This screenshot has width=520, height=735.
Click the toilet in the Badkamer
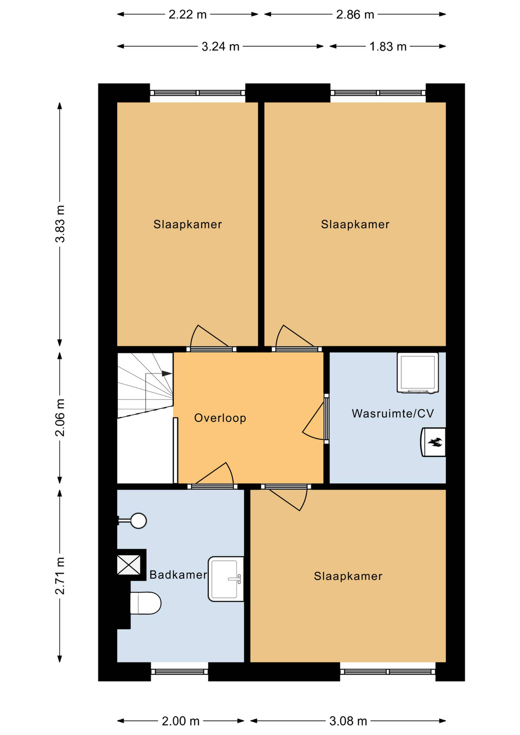[145, 603]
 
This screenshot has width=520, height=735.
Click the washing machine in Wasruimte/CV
[418, 373]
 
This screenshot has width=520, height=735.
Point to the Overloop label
[220, 418]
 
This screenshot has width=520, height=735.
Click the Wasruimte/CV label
[393, 413]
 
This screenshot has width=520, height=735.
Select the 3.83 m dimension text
[60, 224]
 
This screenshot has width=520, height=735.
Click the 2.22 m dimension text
[188, 14]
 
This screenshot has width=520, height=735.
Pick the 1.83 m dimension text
[388, 47]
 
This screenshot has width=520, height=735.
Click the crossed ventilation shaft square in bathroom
[129, 565]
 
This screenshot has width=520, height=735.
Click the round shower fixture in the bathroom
[138, 521]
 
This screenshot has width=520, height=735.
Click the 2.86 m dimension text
[355, 14]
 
